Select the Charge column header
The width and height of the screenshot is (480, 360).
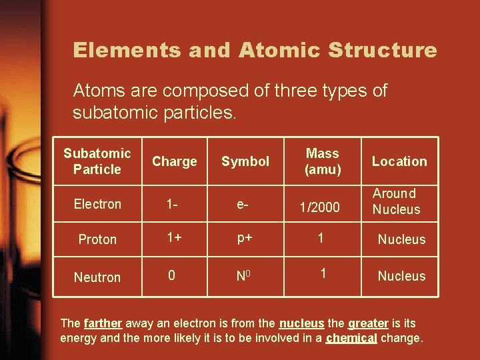(175, 161)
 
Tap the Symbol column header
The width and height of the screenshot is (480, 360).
(245, 161)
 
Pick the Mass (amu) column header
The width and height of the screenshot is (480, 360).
(323, 161)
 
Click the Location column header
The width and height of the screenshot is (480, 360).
(399, 161)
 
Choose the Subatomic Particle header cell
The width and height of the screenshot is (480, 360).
(97, 161)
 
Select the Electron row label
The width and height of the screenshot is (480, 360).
(97, 204)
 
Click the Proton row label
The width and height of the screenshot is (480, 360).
(97, 239)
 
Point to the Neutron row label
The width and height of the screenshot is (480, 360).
(97, 277)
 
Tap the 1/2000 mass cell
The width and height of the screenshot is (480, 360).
(319, 208)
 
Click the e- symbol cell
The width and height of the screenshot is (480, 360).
(243, 204)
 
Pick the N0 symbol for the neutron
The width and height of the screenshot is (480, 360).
(243, 276)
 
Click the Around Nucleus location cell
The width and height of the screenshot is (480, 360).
(396, 201)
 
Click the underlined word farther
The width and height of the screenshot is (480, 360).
(103, 323)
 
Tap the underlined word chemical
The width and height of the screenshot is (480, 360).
(351, 338)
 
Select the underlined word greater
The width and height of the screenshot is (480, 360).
(367, 323)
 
